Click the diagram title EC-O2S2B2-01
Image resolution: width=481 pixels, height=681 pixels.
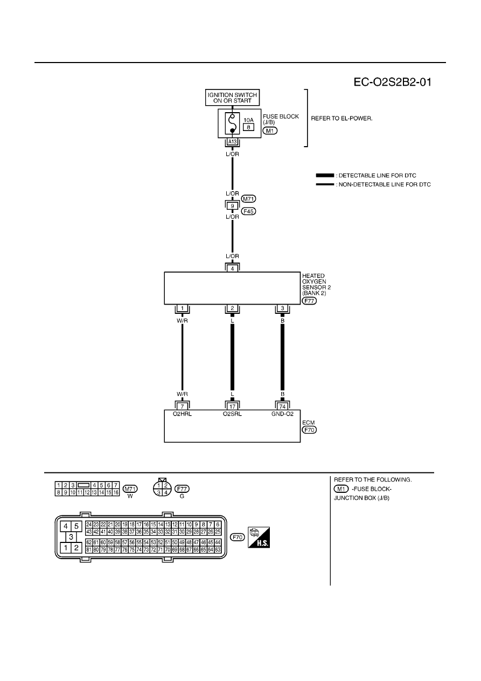click(392, 82)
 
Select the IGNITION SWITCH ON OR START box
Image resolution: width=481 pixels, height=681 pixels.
click(232, 98)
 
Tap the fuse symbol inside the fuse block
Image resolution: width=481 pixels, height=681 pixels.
click(232, 123)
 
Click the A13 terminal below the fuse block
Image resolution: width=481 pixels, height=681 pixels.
click(232, 142)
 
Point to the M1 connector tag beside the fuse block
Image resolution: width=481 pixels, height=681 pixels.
click(270, 130)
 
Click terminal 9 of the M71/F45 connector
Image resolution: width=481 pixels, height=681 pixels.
click(232, 206)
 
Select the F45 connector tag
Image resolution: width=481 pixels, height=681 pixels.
click(248, 211)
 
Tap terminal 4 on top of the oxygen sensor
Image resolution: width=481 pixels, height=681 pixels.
click(232, 269)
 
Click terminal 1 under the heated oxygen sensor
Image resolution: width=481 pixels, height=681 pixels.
click(182, 308)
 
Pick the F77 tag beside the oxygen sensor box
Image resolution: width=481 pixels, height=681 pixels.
click(309, 301)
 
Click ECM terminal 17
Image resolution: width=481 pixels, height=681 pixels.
click(232, 406)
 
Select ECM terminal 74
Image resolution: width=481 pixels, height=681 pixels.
click(282, 406)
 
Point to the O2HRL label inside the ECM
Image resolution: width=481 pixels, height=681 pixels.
click(182, 414)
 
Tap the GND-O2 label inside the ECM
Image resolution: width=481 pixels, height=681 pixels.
click(282, 414)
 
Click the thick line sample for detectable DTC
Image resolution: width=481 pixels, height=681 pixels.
click(325, 175)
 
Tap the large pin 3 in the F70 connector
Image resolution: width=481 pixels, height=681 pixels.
click(71, 537)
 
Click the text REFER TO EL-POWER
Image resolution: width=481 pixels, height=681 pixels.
click(341, 118)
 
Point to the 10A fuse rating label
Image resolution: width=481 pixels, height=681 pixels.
click(248, 120)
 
